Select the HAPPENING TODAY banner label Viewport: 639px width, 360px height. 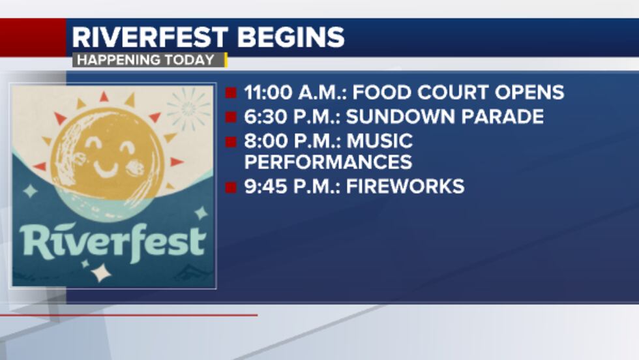144,60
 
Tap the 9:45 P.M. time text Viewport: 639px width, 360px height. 291,187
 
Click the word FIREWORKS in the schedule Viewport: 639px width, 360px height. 405,187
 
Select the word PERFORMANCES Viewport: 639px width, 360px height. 328,162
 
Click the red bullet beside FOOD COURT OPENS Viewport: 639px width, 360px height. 231,93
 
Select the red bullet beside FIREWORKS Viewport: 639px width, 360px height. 231,187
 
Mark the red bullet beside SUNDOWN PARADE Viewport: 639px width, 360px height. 231,117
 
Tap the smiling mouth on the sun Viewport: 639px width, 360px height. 106,169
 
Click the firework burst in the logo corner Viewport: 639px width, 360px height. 188,108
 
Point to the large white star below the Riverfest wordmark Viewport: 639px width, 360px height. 100,272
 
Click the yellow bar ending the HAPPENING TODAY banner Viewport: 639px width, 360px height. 226,60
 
